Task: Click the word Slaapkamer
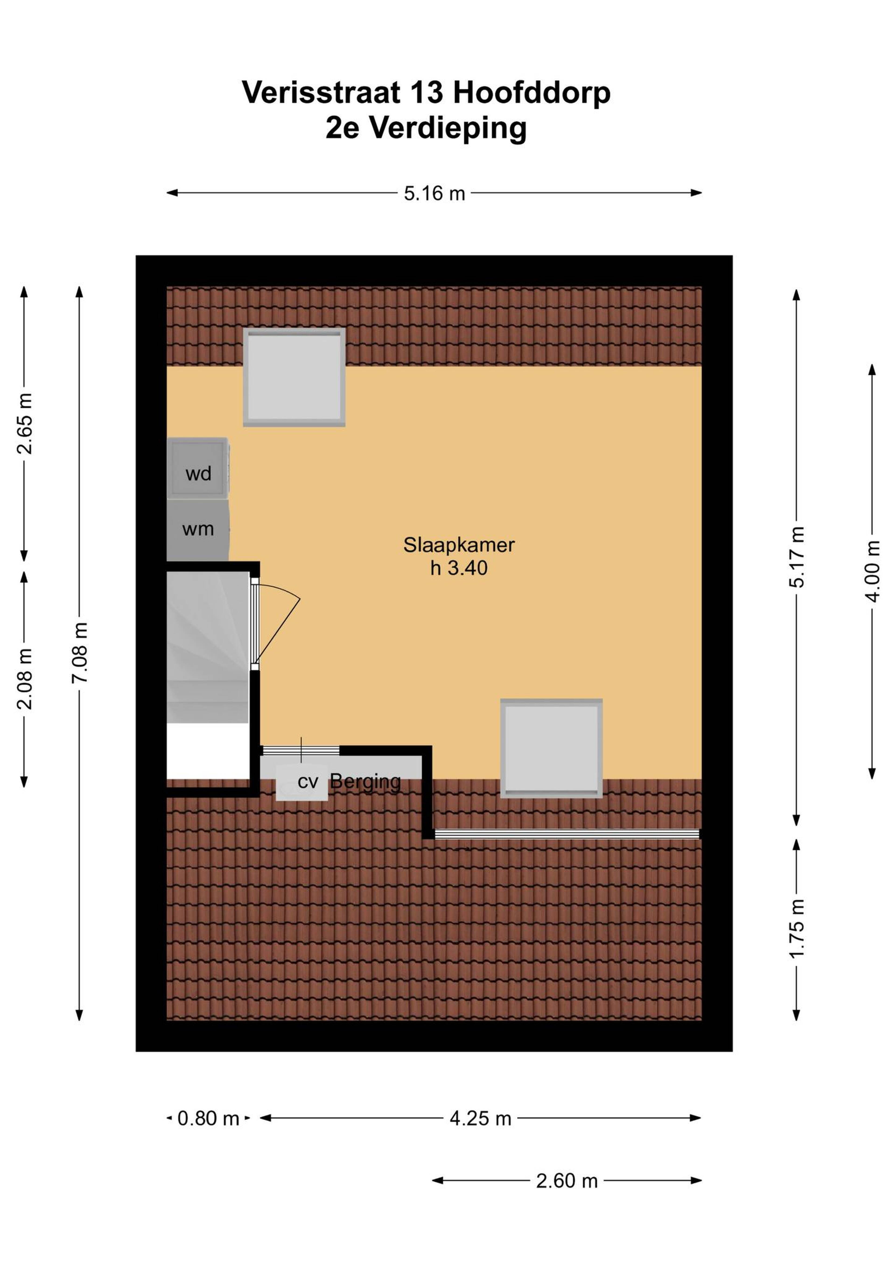(459, 545)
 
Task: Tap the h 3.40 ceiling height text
(459, 568)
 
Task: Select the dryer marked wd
(198, 468)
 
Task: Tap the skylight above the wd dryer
(294, 377)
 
